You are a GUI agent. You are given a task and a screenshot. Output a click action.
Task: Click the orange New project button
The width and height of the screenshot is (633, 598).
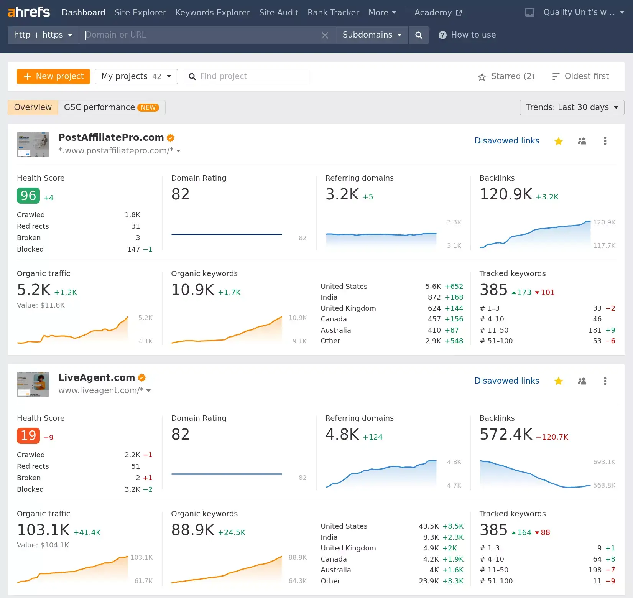point(53,76)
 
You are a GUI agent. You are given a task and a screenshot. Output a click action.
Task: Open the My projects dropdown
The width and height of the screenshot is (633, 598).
point(136,76)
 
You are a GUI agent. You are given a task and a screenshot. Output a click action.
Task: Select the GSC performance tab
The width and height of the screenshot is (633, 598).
point(111,107)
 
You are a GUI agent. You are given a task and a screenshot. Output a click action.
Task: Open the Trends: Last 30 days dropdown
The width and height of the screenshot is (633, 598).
point(572,107)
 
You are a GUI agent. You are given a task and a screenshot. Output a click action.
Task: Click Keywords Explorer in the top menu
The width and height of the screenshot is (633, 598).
point(212,13)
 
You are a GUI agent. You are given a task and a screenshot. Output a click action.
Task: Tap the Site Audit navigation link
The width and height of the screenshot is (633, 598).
point(278,13)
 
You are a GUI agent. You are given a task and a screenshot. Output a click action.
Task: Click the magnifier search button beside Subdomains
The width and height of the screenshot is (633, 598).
point(419,35)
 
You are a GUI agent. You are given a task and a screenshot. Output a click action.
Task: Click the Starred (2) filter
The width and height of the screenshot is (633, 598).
point(506,76)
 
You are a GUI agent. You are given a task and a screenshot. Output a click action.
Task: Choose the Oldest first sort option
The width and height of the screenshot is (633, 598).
point(580,76)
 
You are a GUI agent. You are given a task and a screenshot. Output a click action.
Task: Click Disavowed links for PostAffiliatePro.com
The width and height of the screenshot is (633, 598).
point(506,141)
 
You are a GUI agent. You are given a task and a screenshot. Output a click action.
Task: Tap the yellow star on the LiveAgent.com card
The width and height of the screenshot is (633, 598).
point(558,381)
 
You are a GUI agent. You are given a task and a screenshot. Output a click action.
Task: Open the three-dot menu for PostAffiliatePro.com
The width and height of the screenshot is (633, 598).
point(605,141)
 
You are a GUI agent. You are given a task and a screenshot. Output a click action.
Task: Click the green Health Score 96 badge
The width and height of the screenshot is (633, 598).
point(28,196)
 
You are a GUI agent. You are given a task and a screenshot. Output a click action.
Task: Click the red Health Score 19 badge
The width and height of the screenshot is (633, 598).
point(28,436)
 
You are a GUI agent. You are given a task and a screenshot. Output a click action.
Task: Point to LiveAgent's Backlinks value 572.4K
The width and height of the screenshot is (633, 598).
point(506,435)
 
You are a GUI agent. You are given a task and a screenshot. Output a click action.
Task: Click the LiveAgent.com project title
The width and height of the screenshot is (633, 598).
point(97,377)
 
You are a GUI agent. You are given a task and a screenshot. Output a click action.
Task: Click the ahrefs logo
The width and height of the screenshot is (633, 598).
point(29,12)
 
